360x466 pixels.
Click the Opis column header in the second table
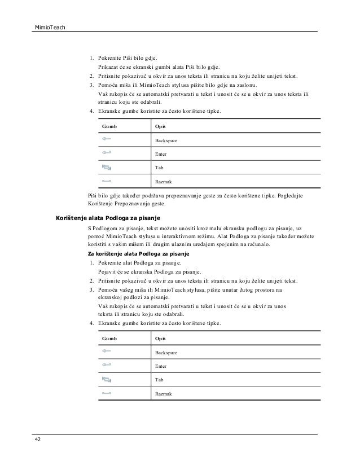[x=160, y=338]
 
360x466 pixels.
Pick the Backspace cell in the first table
[x=166, y=139]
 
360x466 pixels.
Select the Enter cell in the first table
[x=161, y=153]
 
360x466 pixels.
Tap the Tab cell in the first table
[x=159, y=168]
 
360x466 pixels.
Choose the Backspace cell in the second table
[x=166, y=352]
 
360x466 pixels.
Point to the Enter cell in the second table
[x=161, y=366]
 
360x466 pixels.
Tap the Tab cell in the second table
[x=159, y=380]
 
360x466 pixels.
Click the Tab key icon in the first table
[x=107, y=167]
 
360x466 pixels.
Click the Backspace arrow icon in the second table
[x=107, y=351]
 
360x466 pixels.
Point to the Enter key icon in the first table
[x=107, y=153]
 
